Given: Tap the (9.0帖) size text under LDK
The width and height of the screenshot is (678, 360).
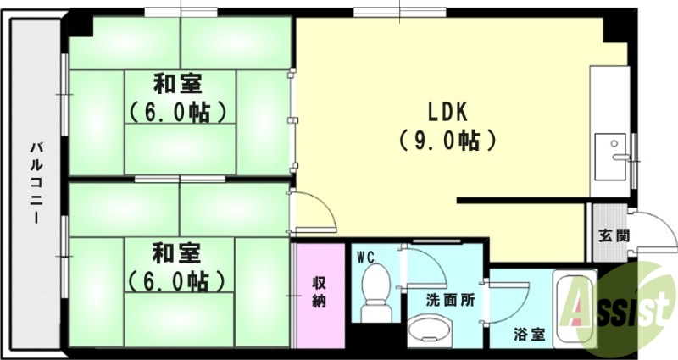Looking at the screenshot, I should [447, 140].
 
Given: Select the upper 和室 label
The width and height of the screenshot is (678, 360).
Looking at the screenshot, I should [177, 85].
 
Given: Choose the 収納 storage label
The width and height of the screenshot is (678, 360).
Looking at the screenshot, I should [320, 292].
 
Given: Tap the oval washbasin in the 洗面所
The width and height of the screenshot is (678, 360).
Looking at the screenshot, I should [428, 329].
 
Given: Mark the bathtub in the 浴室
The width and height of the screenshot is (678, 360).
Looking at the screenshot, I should [573, 308].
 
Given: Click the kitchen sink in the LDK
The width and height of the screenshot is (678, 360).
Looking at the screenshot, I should [610, 156].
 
